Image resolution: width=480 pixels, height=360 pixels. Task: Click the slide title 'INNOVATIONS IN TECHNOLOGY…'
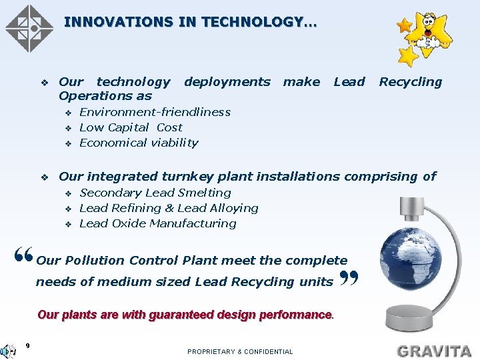click(x=191, y=22)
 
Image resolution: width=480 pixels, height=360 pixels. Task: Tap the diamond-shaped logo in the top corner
click(x=29, y=28)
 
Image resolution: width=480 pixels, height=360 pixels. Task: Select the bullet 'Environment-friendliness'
click(x=155, y=112)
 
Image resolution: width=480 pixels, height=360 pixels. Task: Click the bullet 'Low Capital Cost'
click(x=131, y=127)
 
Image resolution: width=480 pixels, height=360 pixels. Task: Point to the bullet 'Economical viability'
click(x=139, y=143)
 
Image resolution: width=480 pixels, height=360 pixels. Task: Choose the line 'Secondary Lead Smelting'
click(x=155, y=193)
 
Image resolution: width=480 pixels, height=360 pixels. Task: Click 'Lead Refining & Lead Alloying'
click(x=169, y=208)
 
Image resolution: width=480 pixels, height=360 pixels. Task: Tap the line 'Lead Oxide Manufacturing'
click(x=157, y=223)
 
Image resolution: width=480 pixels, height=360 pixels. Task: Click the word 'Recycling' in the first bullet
click(x=410, y=82)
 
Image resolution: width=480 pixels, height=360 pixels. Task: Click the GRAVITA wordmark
click(x=433, y=350)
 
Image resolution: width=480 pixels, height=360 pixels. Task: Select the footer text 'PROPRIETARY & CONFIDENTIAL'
click(x=240, y=351)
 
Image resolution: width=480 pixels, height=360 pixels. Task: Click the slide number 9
click(x=27, y=345)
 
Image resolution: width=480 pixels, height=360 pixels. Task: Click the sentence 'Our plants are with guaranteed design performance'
click(x=185, y=314)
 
